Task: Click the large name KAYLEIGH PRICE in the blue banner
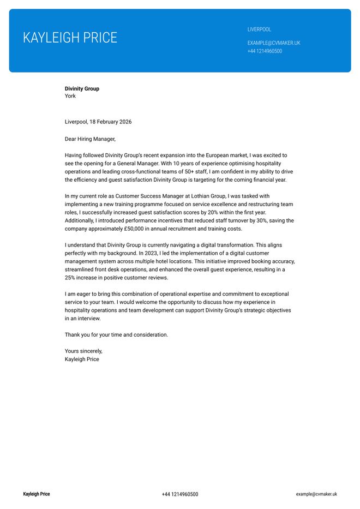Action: pos(70,38)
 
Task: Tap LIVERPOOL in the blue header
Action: pos(259,29)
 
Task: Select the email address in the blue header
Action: pos(274,43)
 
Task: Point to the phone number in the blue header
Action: pos(265,51)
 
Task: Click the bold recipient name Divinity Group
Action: pos(82,88)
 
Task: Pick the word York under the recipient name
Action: pos(70,96)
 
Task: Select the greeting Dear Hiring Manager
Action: pos(90,139)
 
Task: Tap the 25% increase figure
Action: pos(70,278)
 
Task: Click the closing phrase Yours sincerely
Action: pos(83,351)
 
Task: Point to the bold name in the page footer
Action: pos(36,494)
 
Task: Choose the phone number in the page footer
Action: pos(180,494)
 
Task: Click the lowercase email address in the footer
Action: pos(316,494)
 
